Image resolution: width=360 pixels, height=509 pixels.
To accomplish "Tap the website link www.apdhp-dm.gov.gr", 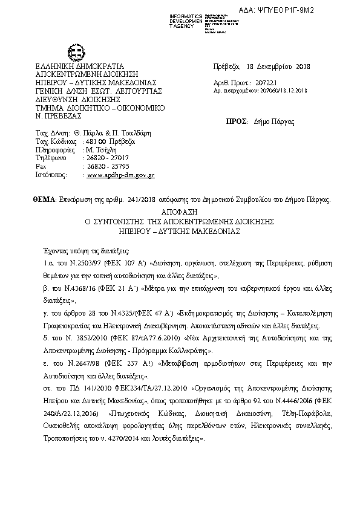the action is point(122,174).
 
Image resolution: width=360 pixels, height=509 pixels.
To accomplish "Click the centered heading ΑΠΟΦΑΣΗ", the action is point(180,212).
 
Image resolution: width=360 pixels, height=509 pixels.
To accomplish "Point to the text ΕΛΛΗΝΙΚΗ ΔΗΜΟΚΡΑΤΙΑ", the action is point(80,66).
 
